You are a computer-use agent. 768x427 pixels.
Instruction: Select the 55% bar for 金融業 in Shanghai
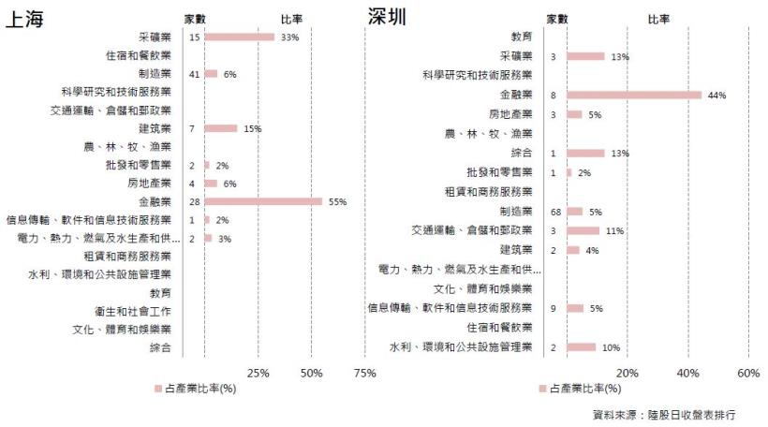click(x=263, y=201)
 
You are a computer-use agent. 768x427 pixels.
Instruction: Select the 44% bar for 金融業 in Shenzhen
click(x=633, y=95)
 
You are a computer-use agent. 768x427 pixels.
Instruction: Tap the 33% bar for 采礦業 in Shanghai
click(x=239, y=37)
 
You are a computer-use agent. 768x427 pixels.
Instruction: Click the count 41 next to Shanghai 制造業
click(x=194, y=74)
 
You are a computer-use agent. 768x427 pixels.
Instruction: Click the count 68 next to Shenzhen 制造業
click(x=554, y=211)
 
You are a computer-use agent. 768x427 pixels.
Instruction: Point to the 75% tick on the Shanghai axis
click(x=365, y=373)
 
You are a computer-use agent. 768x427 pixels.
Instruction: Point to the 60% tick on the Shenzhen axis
click(x=747, y=373)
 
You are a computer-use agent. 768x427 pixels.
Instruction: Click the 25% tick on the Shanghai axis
click(x=258, y=373)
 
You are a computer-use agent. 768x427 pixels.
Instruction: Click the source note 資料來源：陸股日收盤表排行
click(x=664, y=414)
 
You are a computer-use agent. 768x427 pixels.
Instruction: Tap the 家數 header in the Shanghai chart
click(x=194, y=19)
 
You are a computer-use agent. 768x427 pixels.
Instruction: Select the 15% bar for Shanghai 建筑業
click(x=220, y=128)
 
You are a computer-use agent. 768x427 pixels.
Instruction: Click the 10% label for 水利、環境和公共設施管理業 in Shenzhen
click(x=611, y=347)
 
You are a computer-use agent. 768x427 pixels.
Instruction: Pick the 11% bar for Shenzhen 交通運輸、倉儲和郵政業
click(x=583, y=230)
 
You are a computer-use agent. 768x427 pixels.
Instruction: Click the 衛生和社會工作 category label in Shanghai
click(x=133, y=311)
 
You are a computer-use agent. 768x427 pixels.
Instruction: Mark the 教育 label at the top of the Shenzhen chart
click(x=522, y=37)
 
